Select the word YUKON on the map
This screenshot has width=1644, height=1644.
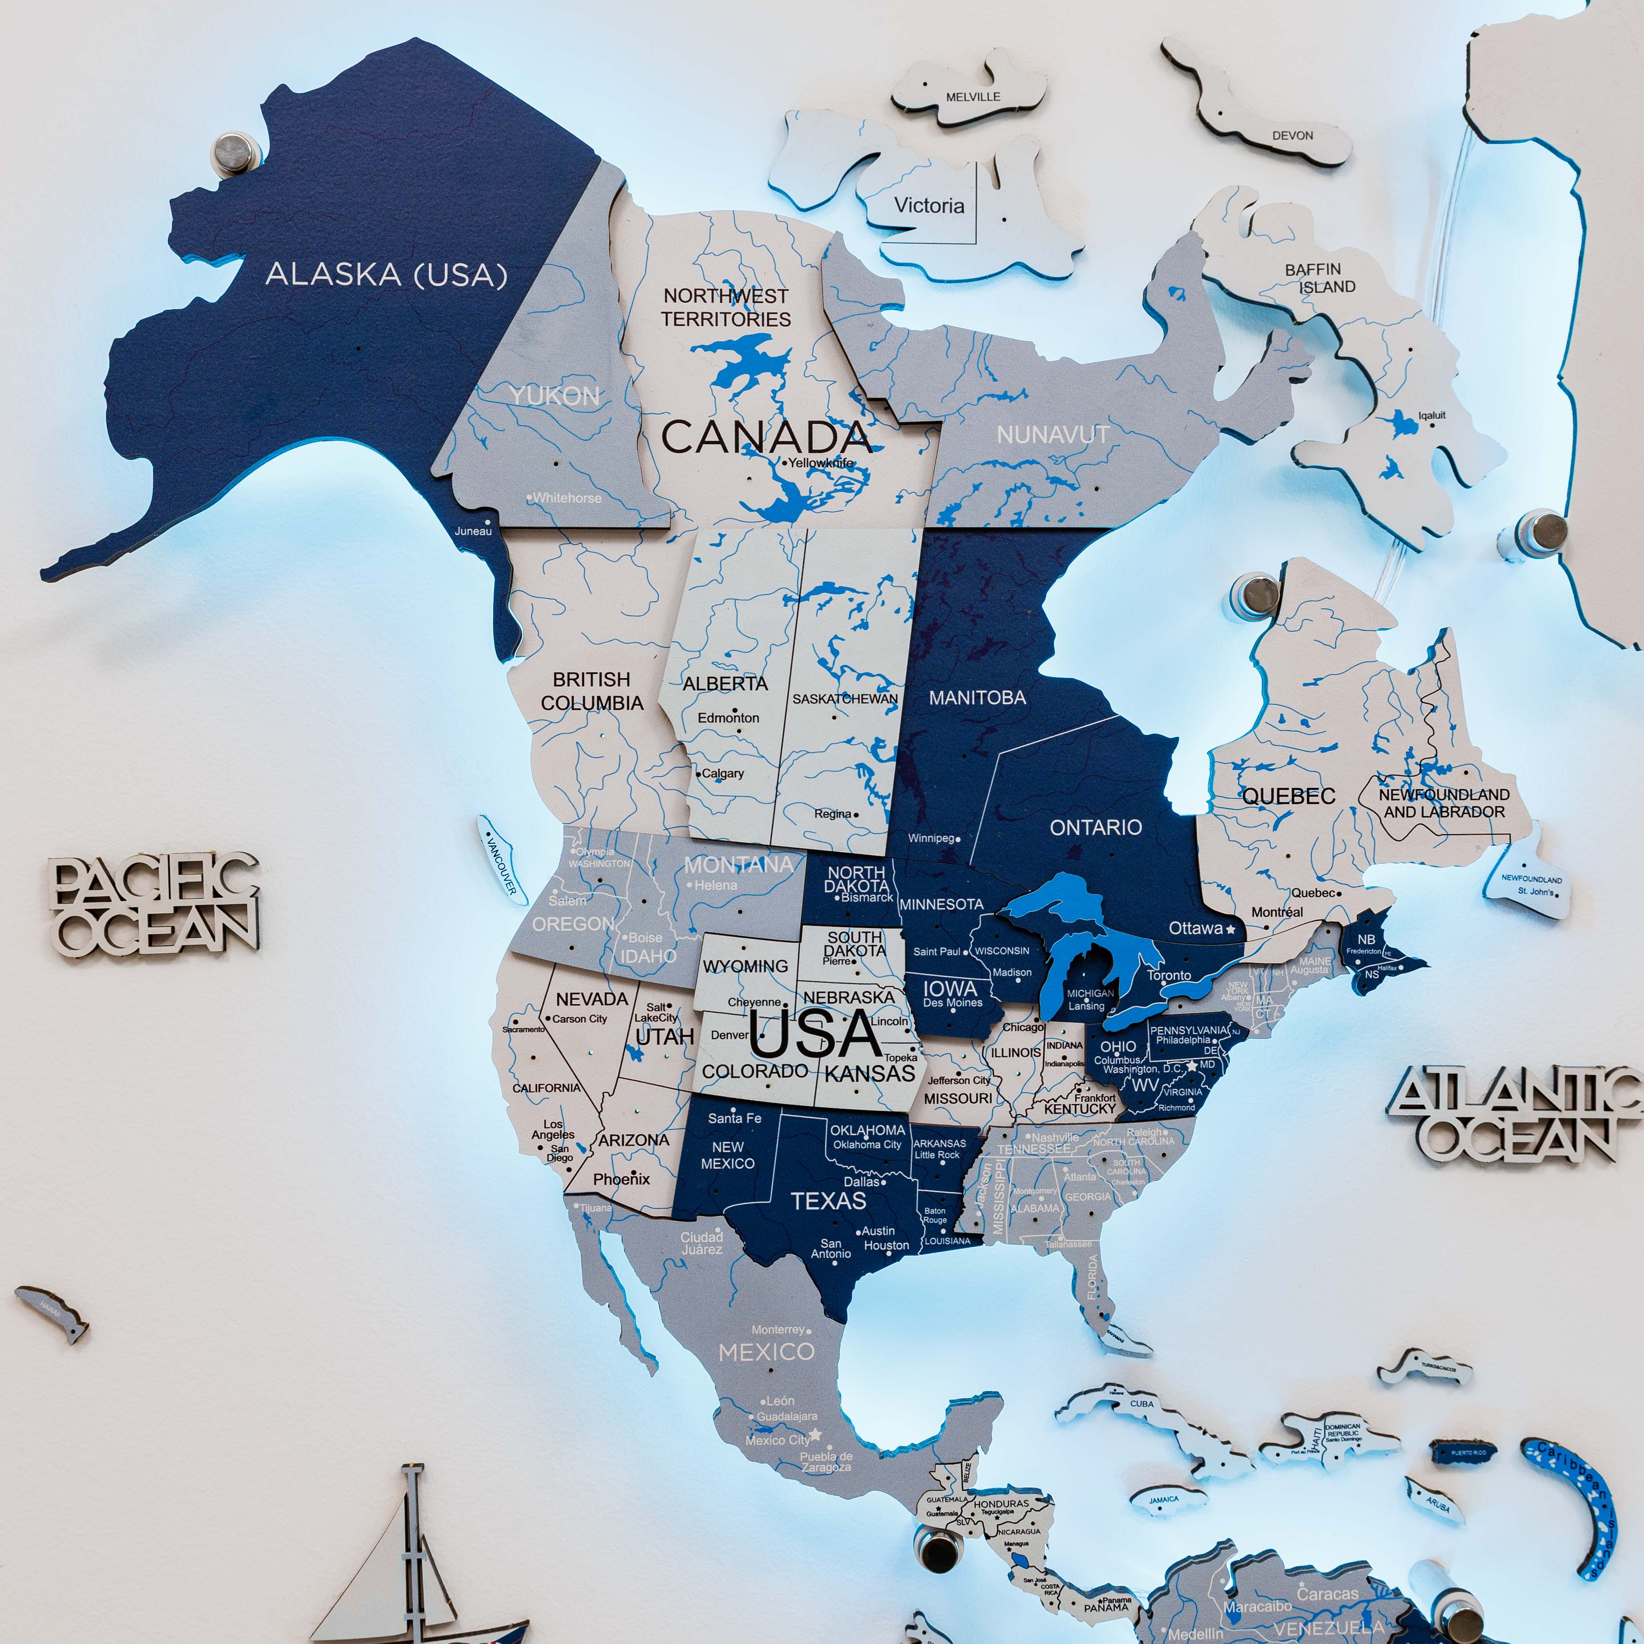tap(555, 396)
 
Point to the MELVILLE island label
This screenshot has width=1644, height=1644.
tap(973, 97)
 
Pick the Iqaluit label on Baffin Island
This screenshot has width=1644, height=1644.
tap(1431, 415)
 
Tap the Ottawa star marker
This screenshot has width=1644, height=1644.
tap(1230, 929)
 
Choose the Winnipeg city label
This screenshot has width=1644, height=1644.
tap(931, 838)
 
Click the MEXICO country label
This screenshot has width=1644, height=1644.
tap(766, 1351)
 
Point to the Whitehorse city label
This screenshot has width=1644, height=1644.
tap(567, 498)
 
